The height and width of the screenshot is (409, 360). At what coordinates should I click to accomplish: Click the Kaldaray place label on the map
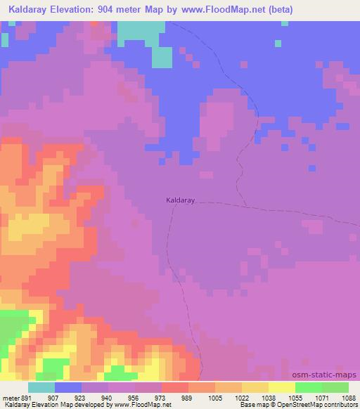pyautogui.click(x=179, y=200)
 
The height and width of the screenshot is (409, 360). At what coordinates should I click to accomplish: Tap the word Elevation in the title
pyautogui.click(x=77, y=10)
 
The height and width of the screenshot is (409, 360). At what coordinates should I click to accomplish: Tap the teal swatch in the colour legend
pyautogui.click(x=41, y=387)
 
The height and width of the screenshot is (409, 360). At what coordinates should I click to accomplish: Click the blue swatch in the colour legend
pyautogui.click(x=67, y=387)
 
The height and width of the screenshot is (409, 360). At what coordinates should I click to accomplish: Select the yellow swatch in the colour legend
pyautogui.click(x=281, y=387)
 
